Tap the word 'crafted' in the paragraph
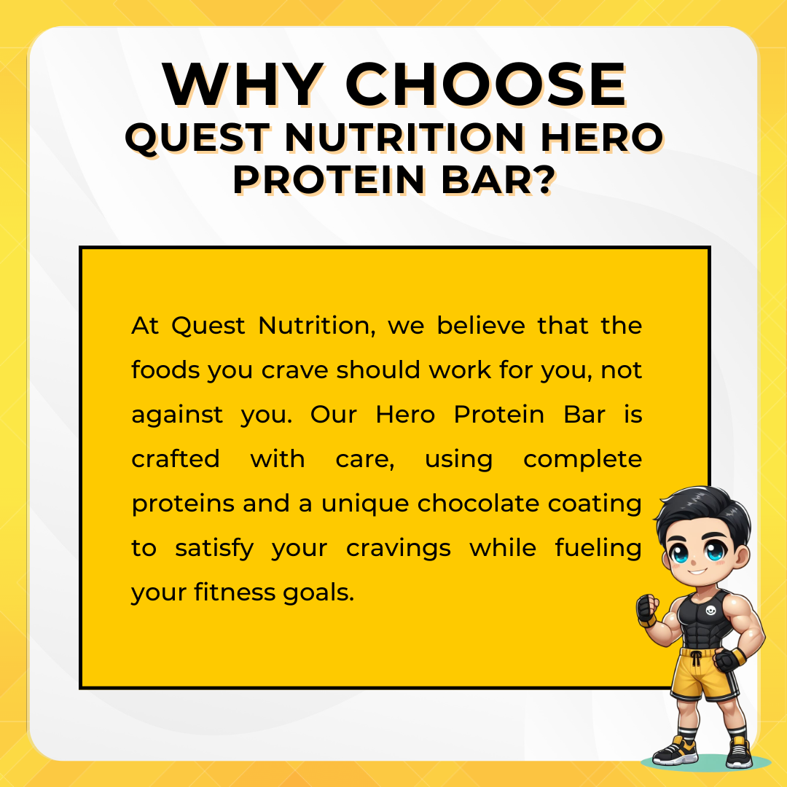[x=176, y=459]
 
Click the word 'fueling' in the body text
[x=598, y=549]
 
